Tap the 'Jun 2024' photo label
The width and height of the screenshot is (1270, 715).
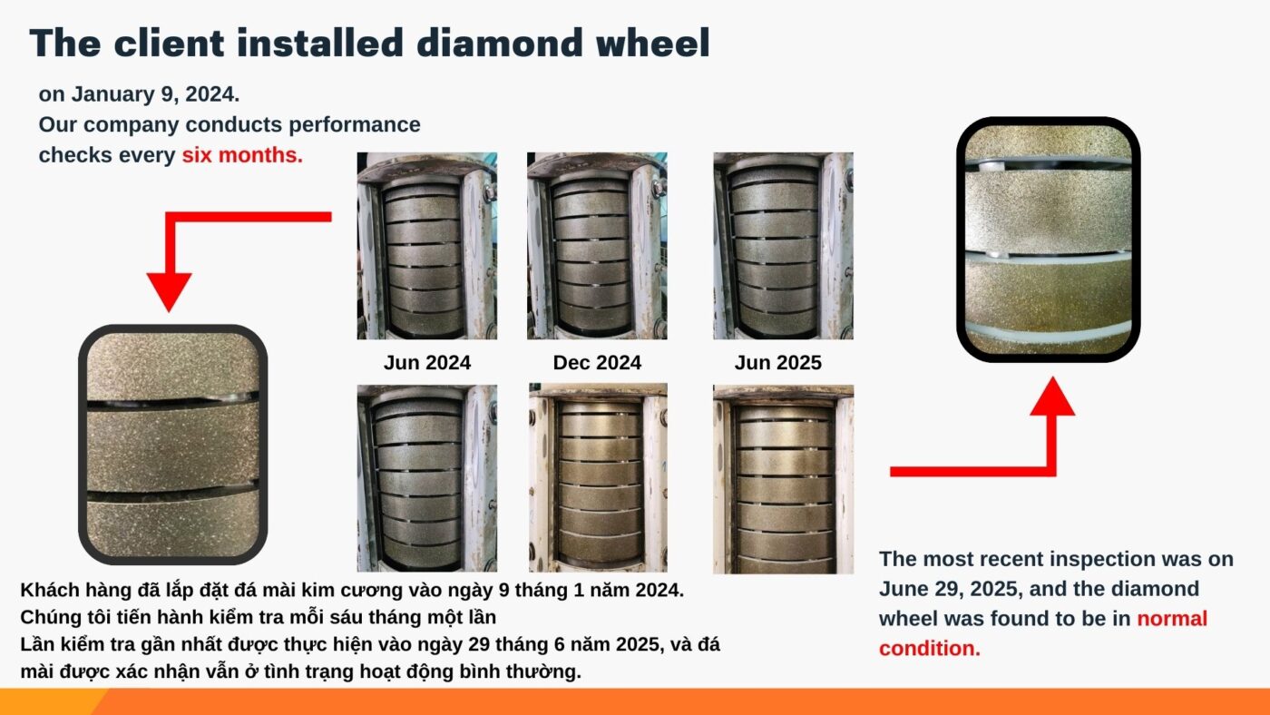[427, 362]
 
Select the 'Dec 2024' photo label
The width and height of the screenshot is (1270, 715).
[597, 362]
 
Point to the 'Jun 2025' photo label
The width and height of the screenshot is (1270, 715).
[778, 362]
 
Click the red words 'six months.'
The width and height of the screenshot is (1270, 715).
[242, 155]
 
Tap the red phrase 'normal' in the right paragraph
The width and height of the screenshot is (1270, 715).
[1172, 618]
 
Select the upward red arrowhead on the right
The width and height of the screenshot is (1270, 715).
[1052, 396]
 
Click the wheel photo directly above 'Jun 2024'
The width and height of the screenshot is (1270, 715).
[427, 246]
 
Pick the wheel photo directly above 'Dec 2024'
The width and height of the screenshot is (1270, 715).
[597, 246]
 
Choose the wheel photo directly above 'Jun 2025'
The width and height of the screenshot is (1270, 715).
[783, 246]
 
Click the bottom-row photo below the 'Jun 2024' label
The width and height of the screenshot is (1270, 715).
[427, 478]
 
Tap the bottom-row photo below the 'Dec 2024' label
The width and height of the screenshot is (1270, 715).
[598, 477]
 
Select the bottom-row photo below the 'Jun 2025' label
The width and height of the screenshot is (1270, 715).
[783, 479]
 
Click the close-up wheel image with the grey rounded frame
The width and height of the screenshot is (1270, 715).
[173, 445]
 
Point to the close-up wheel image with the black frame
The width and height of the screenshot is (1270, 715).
[1049, 240]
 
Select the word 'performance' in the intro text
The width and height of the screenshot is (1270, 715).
[355, 124]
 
